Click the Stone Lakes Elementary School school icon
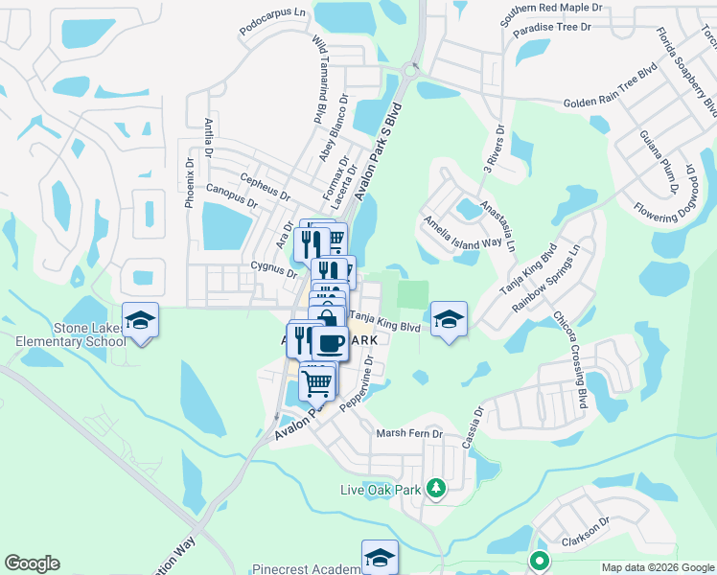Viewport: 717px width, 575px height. point(140,320)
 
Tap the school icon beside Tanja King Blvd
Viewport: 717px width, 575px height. point(448,320)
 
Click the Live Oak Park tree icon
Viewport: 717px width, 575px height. point(435,490)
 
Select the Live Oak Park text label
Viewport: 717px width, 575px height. point(382,490)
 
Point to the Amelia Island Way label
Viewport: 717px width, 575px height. point(464,231)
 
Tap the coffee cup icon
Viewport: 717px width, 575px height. point(331,342)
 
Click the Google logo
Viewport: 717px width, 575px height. point(32,563)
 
